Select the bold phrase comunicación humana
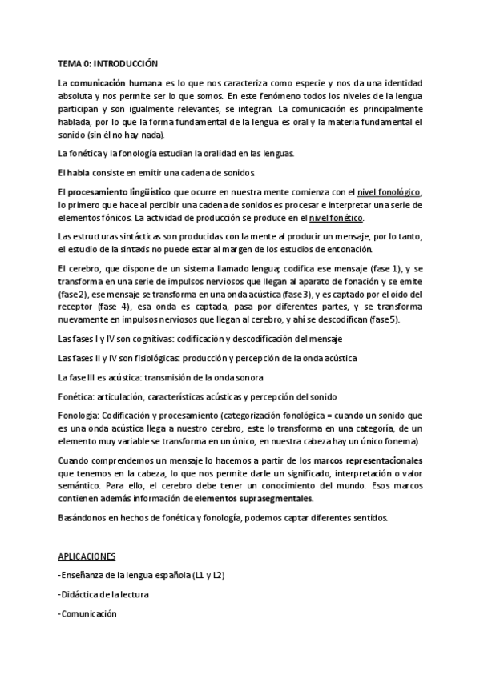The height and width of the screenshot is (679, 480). pyautogui.click(x=114, y=82)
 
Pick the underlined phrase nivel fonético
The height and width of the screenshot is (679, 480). pyautogui.click(x=337, y=218)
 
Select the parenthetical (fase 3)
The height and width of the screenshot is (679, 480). pyautogui.click(x=291, y=294)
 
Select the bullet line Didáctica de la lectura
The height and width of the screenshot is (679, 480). pyautogui.click(x=104, y=594)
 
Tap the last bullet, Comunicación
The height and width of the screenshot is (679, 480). pyautogui.click(x=88, y=613)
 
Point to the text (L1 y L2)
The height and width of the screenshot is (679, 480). pyautogui.click(x=213, y=575)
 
